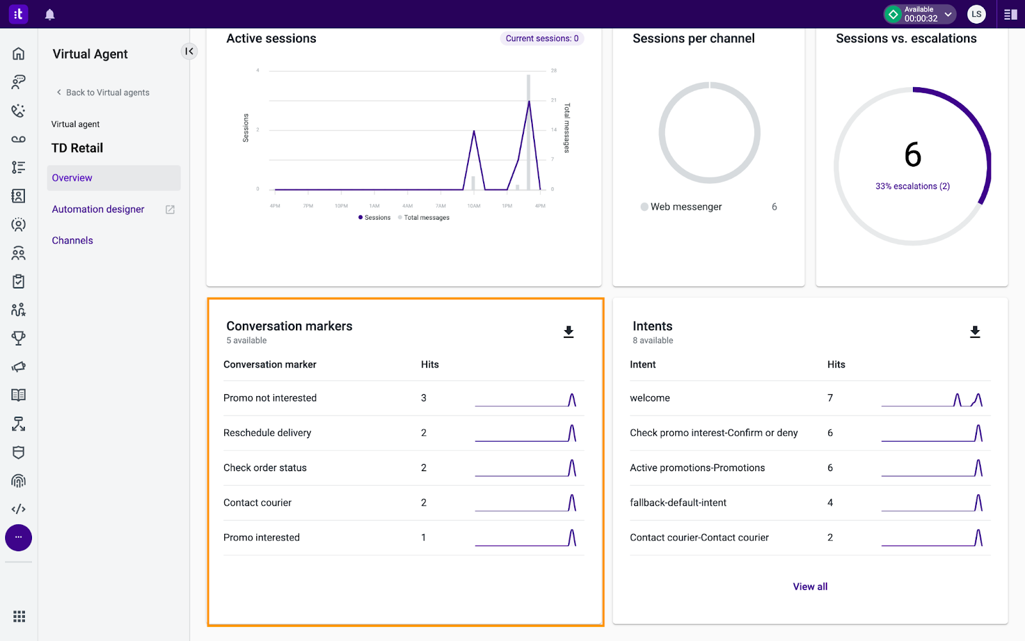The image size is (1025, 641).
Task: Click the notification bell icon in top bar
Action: (49, 14)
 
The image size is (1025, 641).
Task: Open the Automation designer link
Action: (98, 209)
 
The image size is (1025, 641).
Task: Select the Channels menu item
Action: (72, 240)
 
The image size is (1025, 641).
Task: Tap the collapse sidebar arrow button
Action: (189, 51)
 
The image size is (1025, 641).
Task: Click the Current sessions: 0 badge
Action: (541, 38)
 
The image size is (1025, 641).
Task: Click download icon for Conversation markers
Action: (568, 331)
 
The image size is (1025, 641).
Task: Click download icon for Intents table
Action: (974, 331)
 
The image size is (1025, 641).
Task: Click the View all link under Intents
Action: (810, 587)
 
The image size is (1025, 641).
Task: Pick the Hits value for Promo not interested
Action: (423, 398)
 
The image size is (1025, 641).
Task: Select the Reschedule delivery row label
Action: (267, 433)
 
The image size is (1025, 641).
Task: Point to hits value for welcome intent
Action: (830, 398)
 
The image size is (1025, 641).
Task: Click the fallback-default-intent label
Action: (678, 503)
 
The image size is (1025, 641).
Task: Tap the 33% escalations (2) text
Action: (912, 187)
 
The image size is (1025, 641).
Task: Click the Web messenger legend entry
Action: (685, 206)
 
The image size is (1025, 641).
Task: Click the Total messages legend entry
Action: (426, 218)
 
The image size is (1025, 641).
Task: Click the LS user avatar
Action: (976, 14)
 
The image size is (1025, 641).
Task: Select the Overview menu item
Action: (72, 178)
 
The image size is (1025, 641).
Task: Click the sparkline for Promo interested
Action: (525, 538)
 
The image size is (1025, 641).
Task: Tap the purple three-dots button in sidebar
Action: (19, 537)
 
